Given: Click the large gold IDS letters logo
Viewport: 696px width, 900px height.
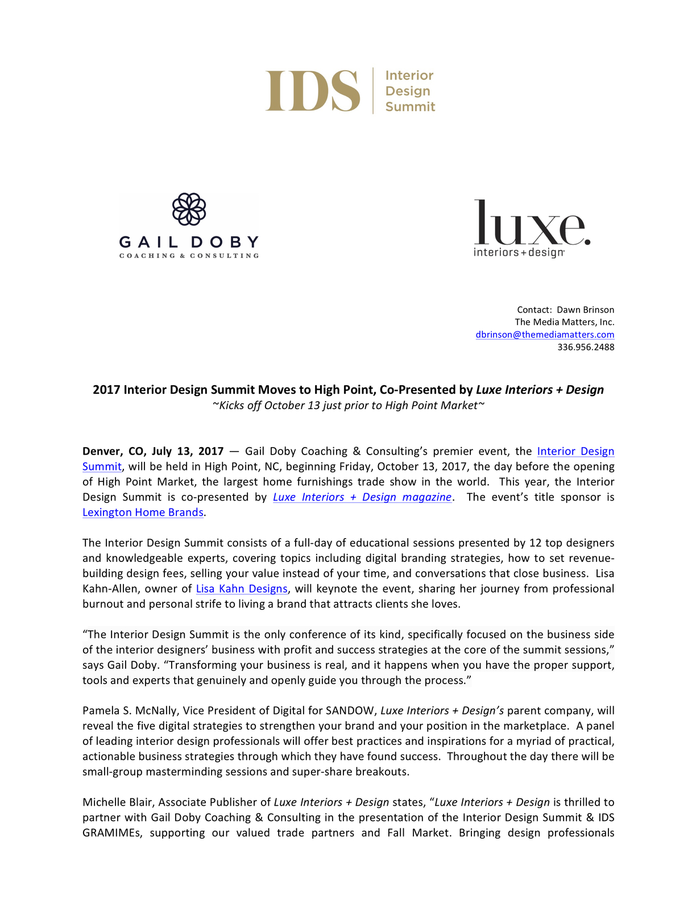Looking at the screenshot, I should pyautogui.click(x=312, y=91).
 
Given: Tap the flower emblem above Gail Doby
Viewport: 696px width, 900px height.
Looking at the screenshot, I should pyautogui.click(x=189, y=209).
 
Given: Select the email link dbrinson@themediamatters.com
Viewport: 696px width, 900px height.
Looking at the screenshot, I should pyautogui.click(x=545, y=335).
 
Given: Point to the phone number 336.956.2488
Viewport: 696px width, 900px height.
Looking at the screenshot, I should pyautogui.click(x=586, y=347).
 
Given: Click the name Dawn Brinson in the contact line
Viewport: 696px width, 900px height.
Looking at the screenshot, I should pyautogui.click(x=585, y=310).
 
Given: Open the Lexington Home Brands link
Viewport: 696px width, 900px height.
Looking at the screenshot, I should pyautogui.click(x=143, y=512).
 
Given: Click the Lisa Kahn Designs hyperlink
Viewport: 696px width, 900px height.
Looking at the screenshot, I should pyautogui.click(x=242, y=589).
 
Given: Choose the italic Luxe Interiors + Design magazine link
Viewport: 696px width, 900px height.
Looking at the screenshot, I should pyautogui.click(x=362, y=497).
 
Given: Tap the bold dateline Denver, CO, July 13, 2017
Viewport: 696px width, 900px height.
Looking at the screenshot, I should pyautogui.click(x=153, y=451).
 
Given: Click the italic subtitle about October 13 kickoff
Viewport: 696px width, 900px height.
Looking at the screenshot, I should pyautogui.click(x=348, y=405).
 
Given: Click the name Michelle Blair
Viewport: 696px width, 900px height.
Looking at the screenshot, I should pyautogui.click(x=118, y=802).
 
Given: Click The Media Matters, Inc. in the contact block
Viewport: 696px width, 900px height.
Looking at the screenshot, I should pyautogui.click(x=564, y=322).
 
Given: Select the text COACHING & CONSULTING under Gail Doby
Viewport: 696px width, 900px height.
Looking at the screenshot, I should pyautogui.click(x=189, y=256).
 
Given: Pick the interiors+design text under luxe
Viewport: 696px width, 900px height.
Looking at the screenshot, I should pyautogui.click(x=519, y=252).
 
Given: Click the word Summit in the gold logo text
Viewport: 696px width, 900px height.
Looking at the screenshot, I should pyautogui.click(x=410, y=107).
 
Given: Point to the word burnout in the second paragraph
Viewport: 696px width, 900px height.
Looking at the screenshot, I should pyautogui.click(x=103, y=604).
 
